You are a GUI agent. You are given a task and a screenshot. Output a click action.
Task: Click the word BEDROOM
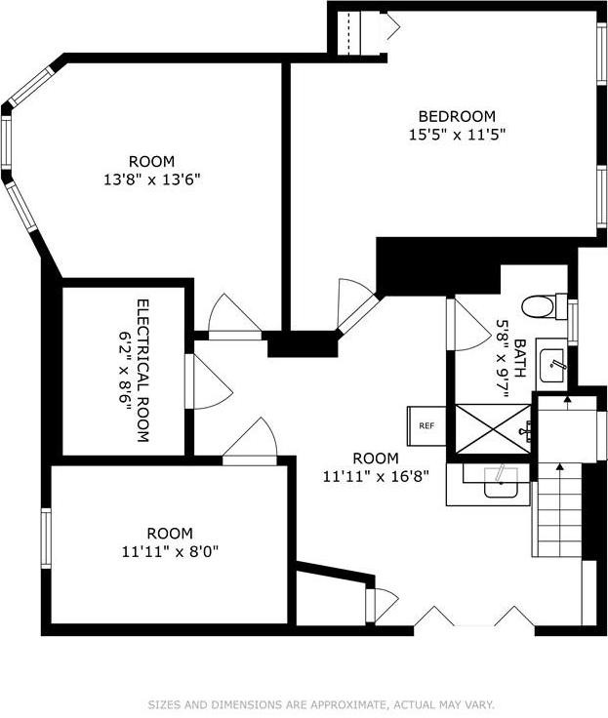[457, 115]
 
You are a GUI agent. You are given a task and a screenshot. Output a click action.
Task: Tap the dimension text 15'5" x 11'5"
[457, 134]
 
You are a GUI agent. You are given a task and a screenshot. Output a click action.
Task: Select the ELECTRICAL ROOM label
[142, 371]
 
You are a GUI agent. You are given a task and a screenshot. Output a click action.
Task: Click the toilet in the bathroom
[540, 306]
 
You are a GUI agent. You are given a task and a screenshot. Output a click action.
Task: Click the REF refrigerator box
[426, 425]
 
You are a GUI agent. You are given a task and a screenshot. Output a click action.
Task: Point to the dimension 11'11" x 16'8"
[376, 477]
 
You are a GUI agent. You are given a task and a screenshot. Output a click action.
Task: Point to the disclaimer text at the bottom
[321, 703]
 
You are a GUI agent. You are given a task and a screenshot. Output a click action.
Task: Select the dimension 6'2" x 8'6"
[124, 371]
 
